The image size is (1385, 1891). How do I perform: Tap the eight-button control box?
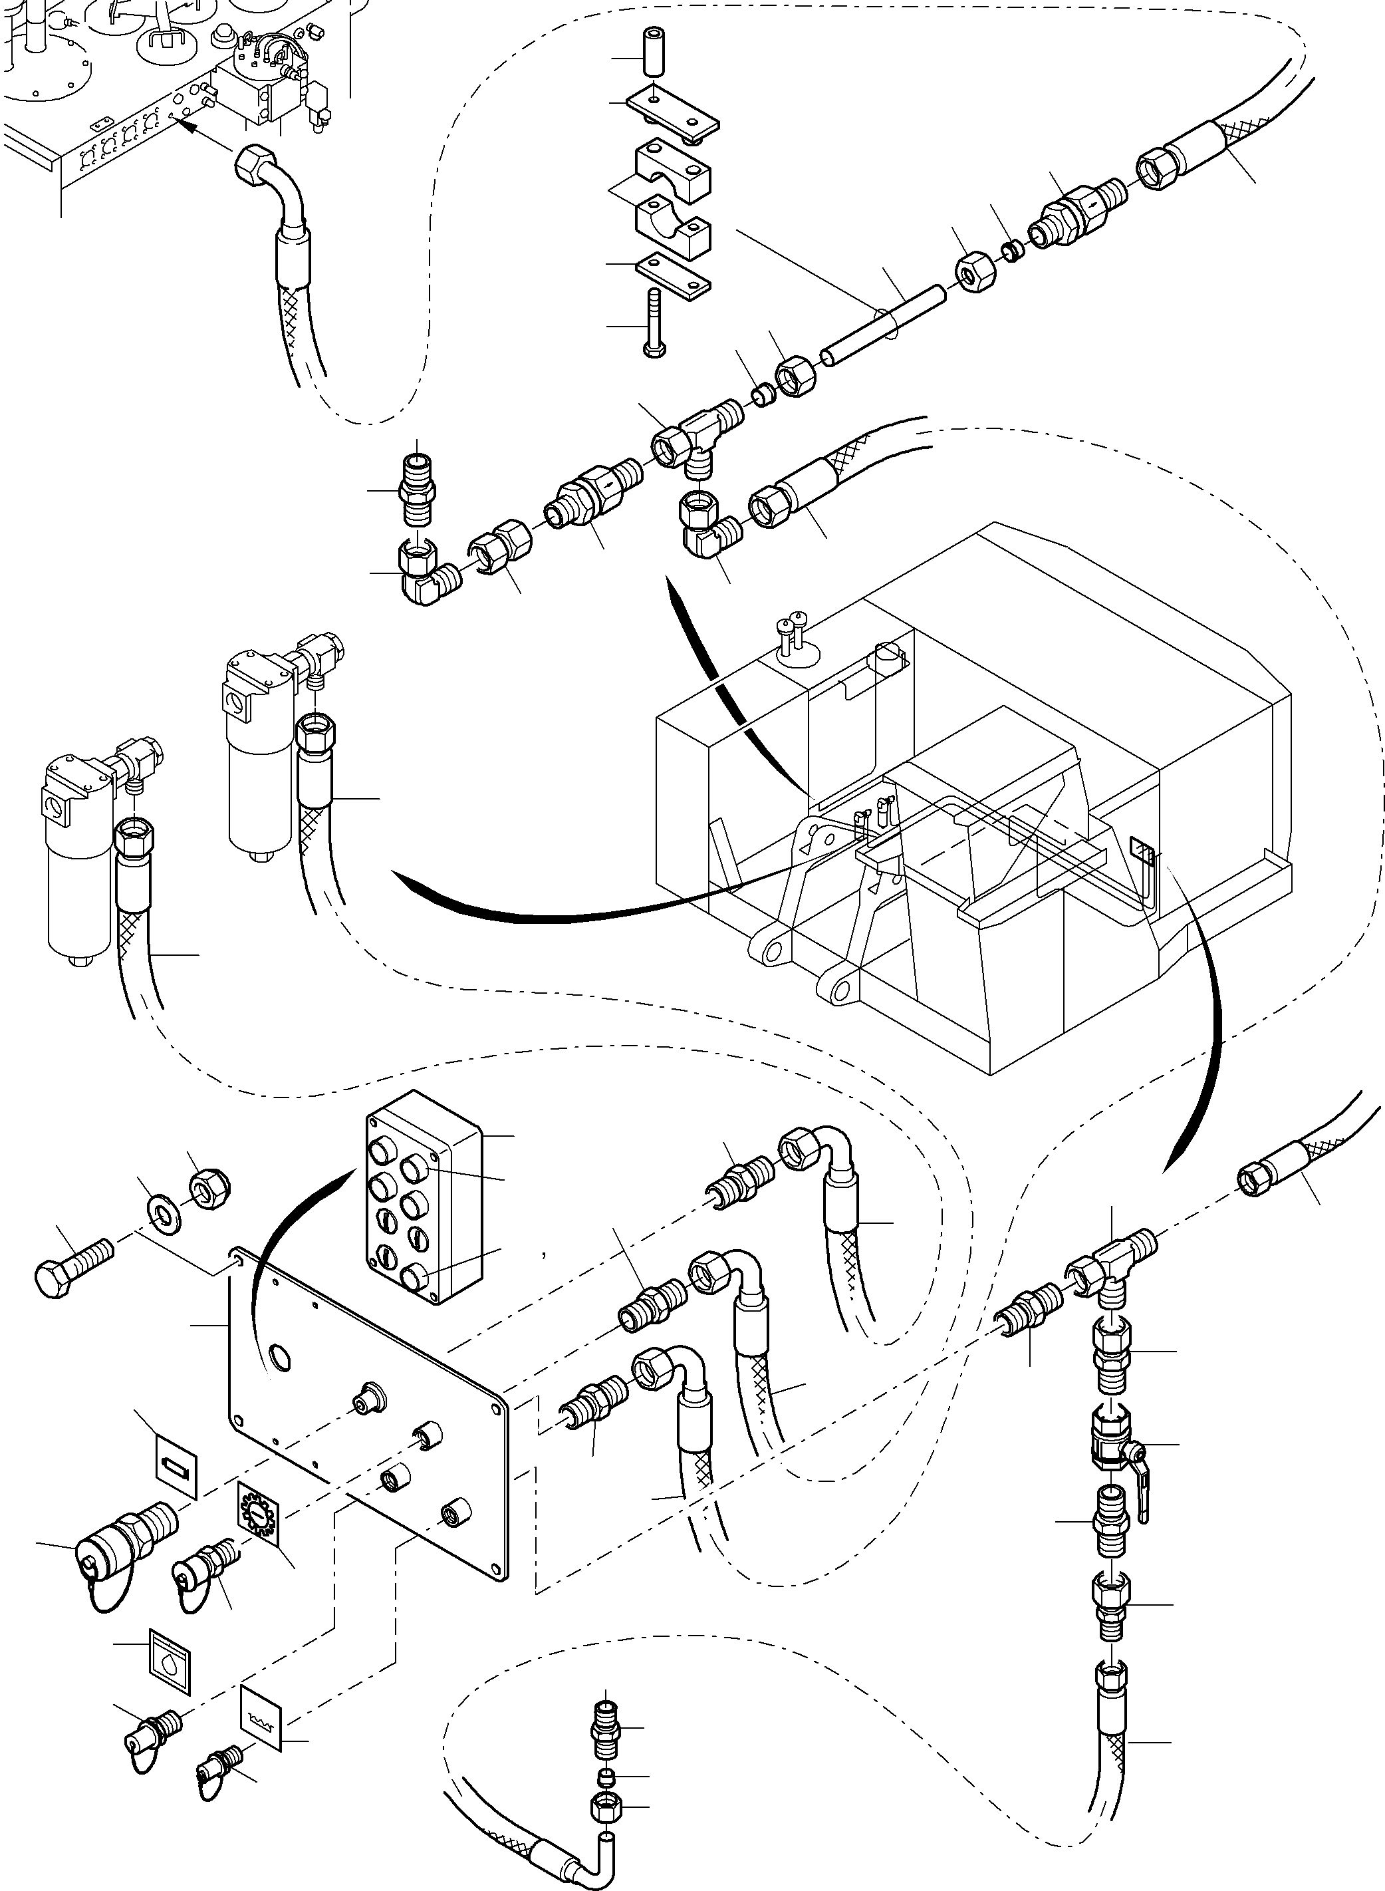pyautogui.click(x=424, y=1197)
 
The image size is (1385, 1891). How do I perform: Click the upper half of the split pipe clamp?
pyautogui.click(x=673, y=172)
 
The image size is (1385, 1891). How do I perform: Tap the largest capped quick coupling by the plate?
pyautogui.click(x=123, y=1540)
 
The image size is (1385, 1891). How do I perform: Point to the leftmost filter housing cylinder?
pyautogui.click(x=79, y=872)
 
